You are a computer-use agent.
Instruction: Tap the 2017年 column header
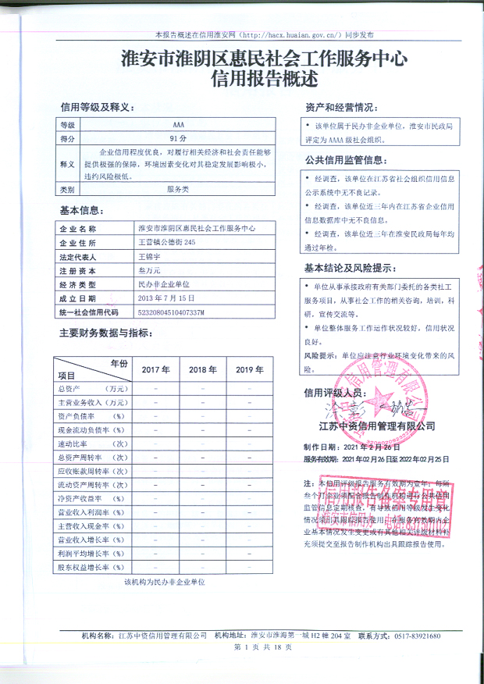point(155,369)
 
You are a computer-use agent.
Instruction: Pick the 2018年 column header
point(203,369)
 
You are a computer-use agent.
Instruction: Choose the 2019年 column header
point(250,369)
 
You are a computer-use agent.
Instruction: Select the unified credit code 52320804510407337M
point(170,312)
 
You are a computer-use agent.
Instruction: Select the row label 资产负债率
point(84,416)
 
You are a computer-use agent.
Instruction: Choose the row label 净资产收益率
point(84,498)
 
